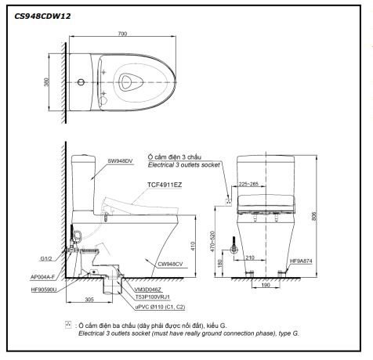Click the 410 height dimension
tap(190, 244)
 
